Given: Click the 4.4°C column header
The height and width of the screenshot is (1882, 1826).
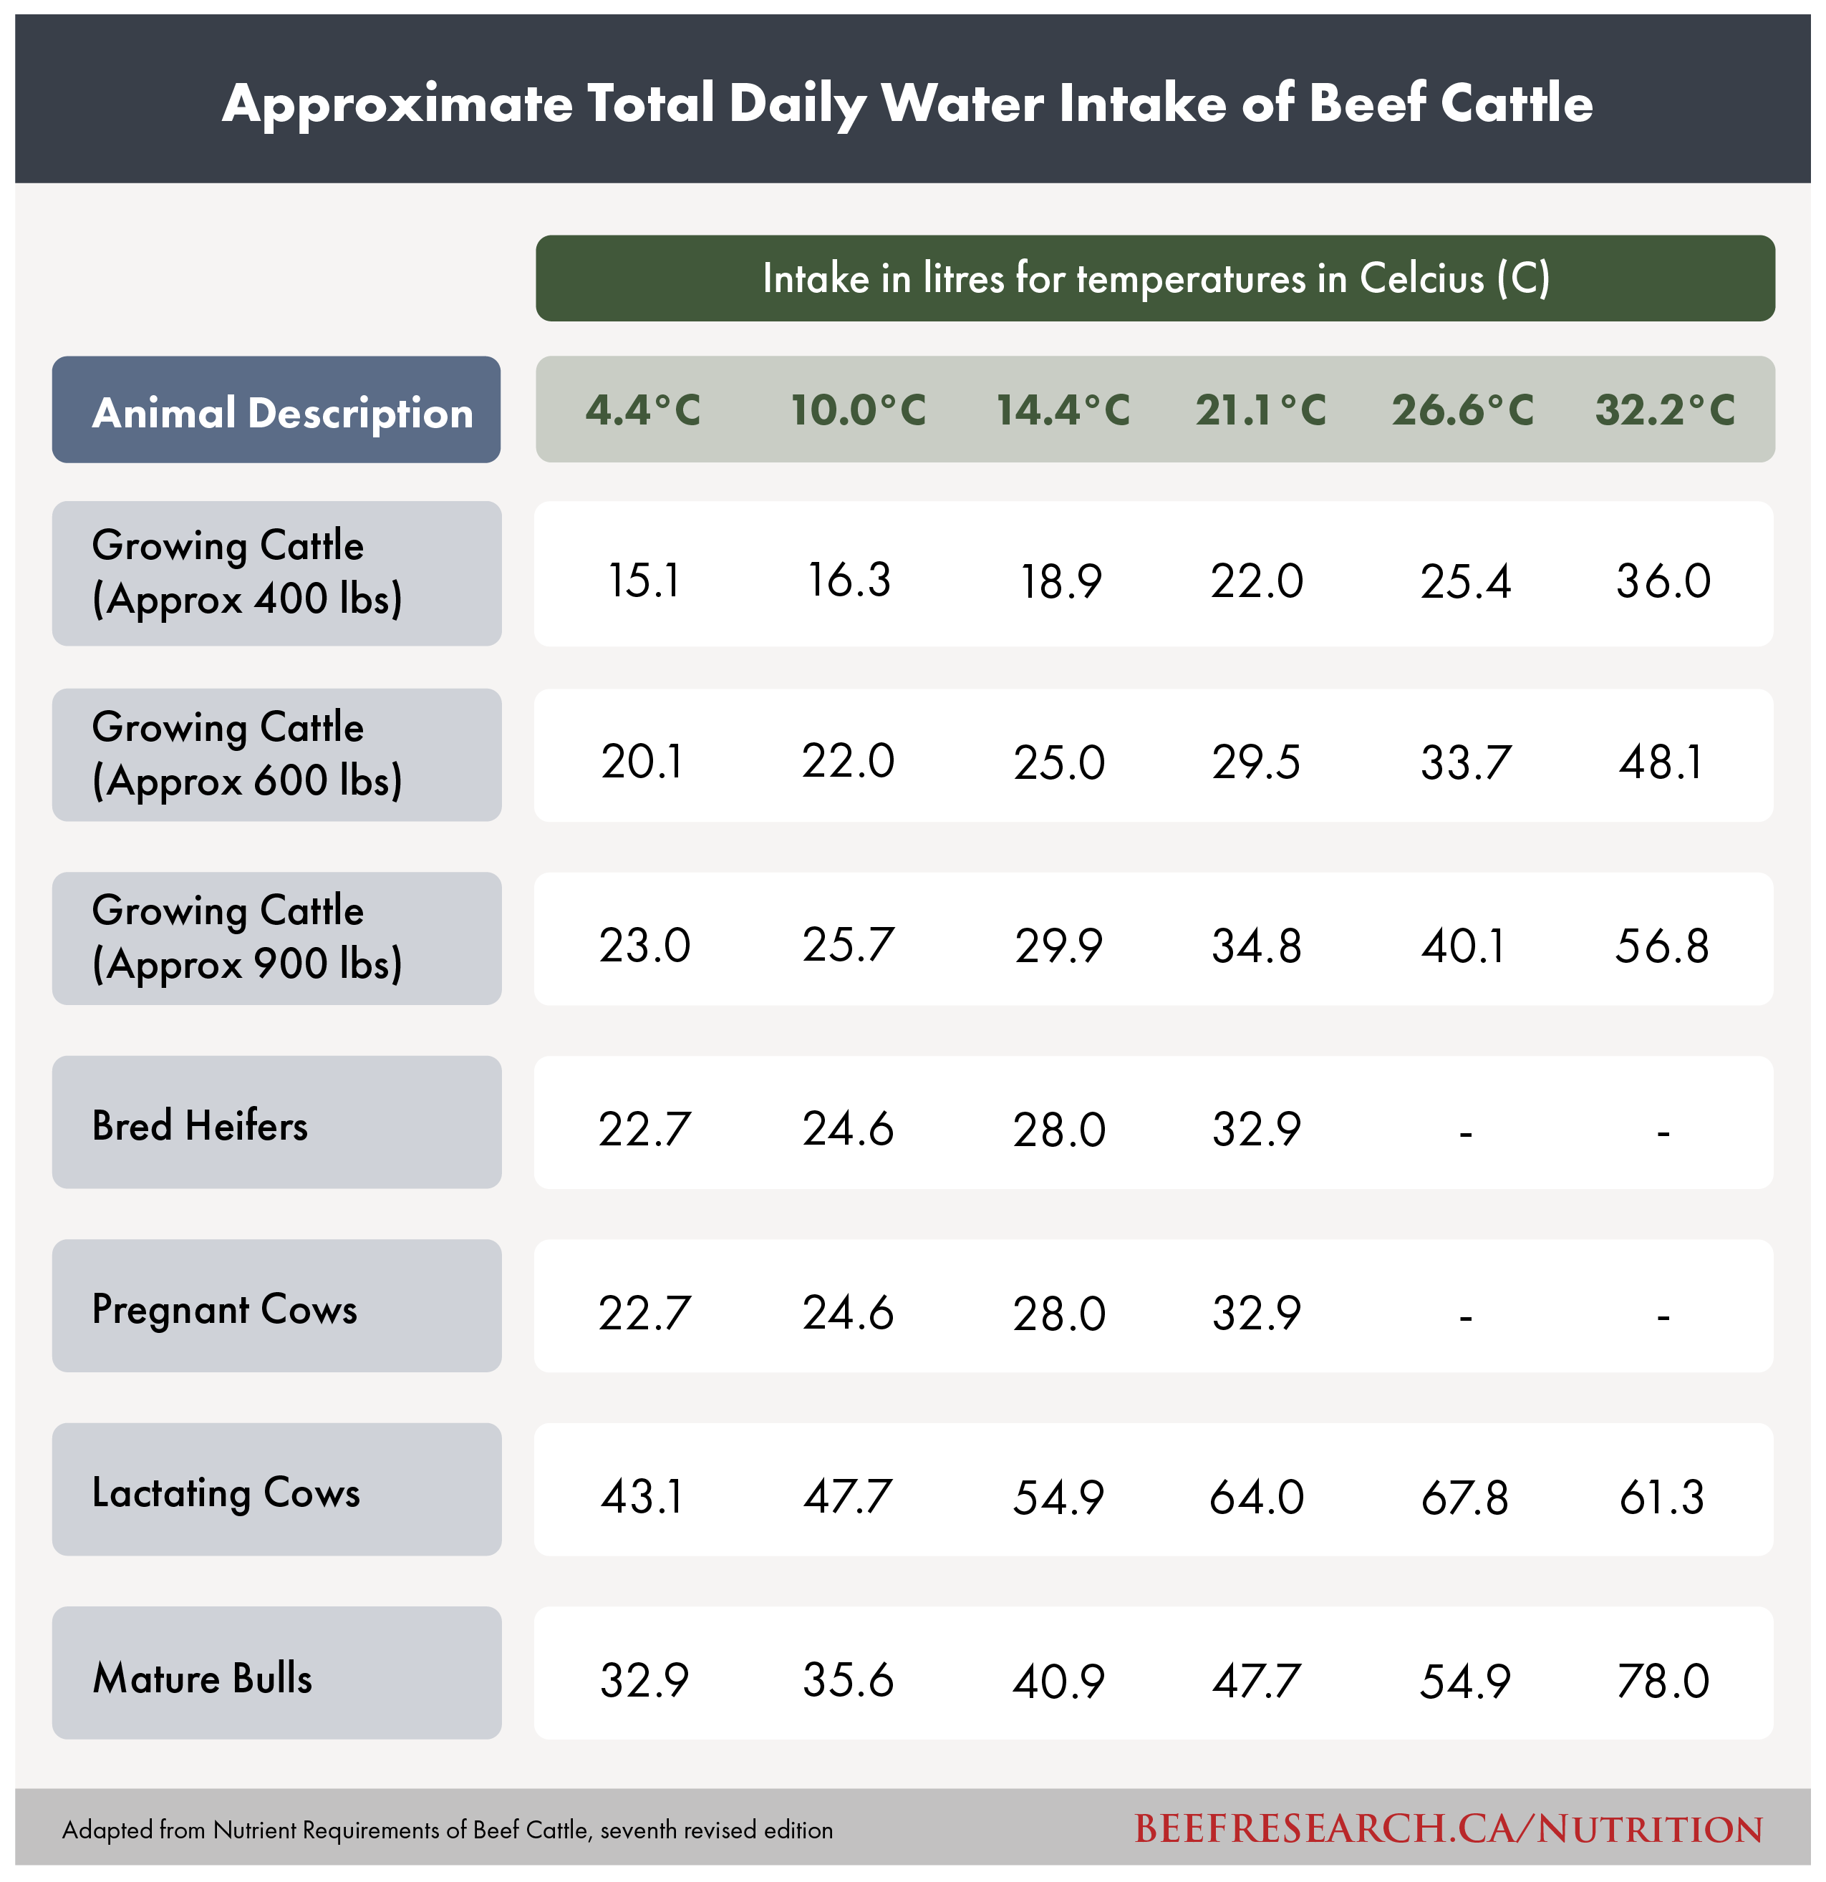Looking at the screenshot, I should [x=642, y=411].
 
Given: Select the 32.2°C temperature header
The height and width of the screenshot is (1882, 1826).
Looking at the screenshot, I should [x=1665, y=411].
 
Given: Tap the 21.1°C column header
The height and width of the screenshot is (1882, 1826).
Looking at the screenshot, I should [x=1260, y=411].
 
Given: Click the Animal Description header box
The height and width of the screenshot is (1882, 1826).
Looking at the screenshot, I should [x=276, y=411].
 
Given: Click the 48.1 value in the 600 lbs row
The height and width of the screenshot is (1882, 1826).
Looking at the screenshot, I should [x=1662, y=762].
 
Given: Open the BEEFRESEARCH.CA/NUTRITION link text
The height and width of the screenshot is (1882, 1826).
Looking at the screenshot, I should [x=1449, y=1829].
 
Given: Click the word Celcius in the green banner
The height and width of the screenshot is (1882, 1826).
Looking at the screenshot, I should [x=1421, y=278].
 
